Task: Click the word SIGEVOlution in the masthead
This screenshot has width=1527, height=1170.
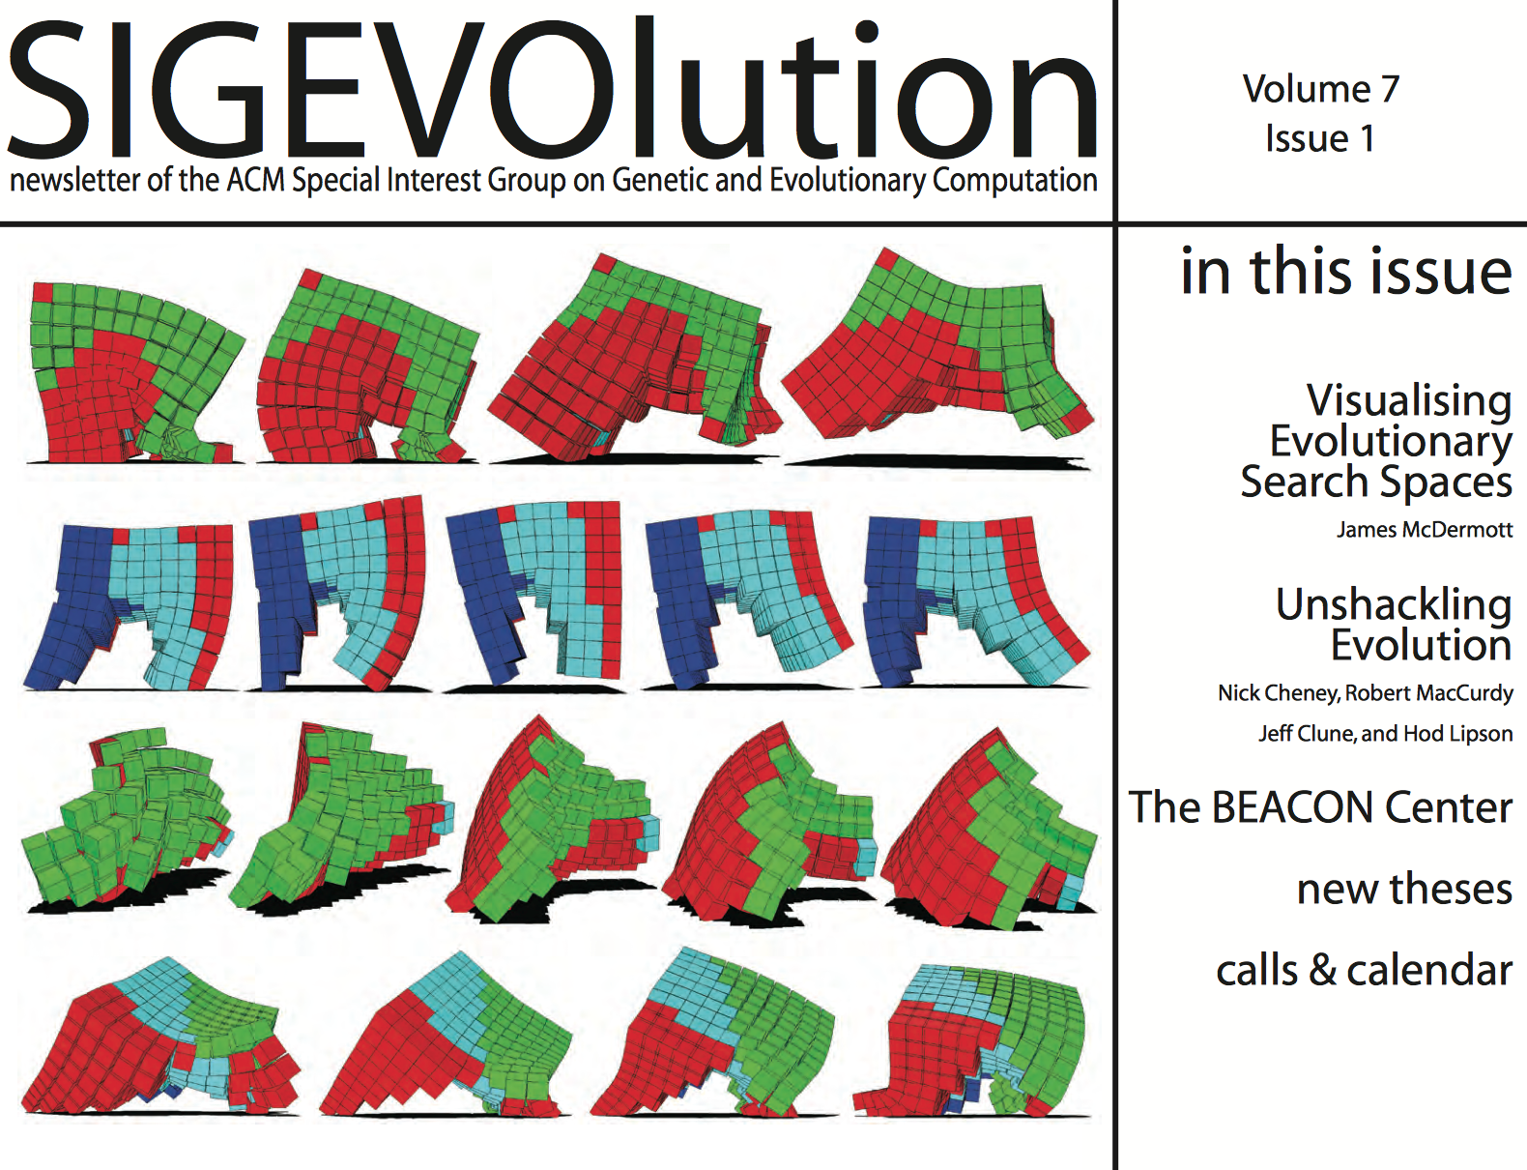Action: [553, 89]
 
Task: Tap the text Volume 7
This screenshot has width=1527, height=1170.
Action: [1321, 89]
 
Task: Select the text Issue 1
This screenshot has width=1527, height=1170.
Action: [1320, 138]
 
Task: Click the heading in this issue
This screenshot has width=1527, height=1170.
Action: [1345, 271]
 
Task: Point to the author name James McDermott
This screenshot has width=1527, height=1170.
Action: [1425, 530]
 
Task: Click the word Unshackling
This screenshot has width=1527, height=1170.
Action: [1394, 604]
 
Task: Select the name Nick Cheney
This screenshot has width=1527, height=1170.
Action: [1278, 693]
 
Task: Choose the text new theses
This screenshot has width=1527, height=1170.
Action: [1404, 889]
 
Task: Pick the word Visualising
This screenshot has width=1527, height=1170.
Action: [1409, 400]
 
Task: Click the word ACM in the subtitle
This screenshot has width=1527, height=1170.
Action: [256, 180]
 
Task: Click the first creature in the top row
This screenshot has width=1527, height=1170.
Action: [136, 372]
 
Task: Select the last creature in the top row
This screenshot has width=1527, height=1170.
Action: [937, 352]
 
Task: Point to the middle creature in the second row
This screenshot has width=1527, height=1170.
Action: [534, 594]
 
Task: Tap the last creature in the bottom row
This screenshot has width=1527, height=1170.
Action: [969, 1040]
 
